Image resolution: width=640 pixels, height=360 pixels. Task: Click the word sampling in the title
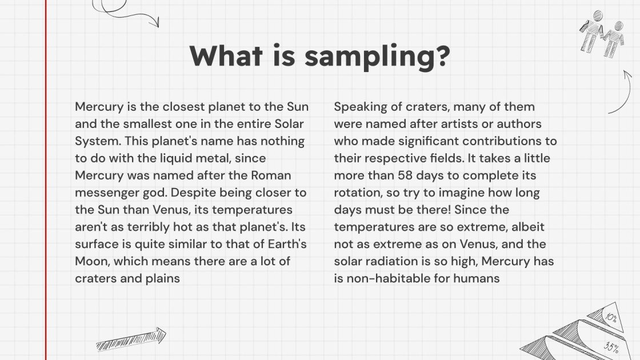click(377, 56)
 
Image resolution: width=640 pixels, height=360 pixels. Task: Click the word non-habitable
click(385, 278)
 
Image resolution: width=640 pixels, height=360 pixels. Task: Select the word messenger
click(105, 193)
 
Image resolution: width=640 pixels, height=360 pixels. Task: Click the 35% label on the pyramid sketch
click(611, 347)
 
